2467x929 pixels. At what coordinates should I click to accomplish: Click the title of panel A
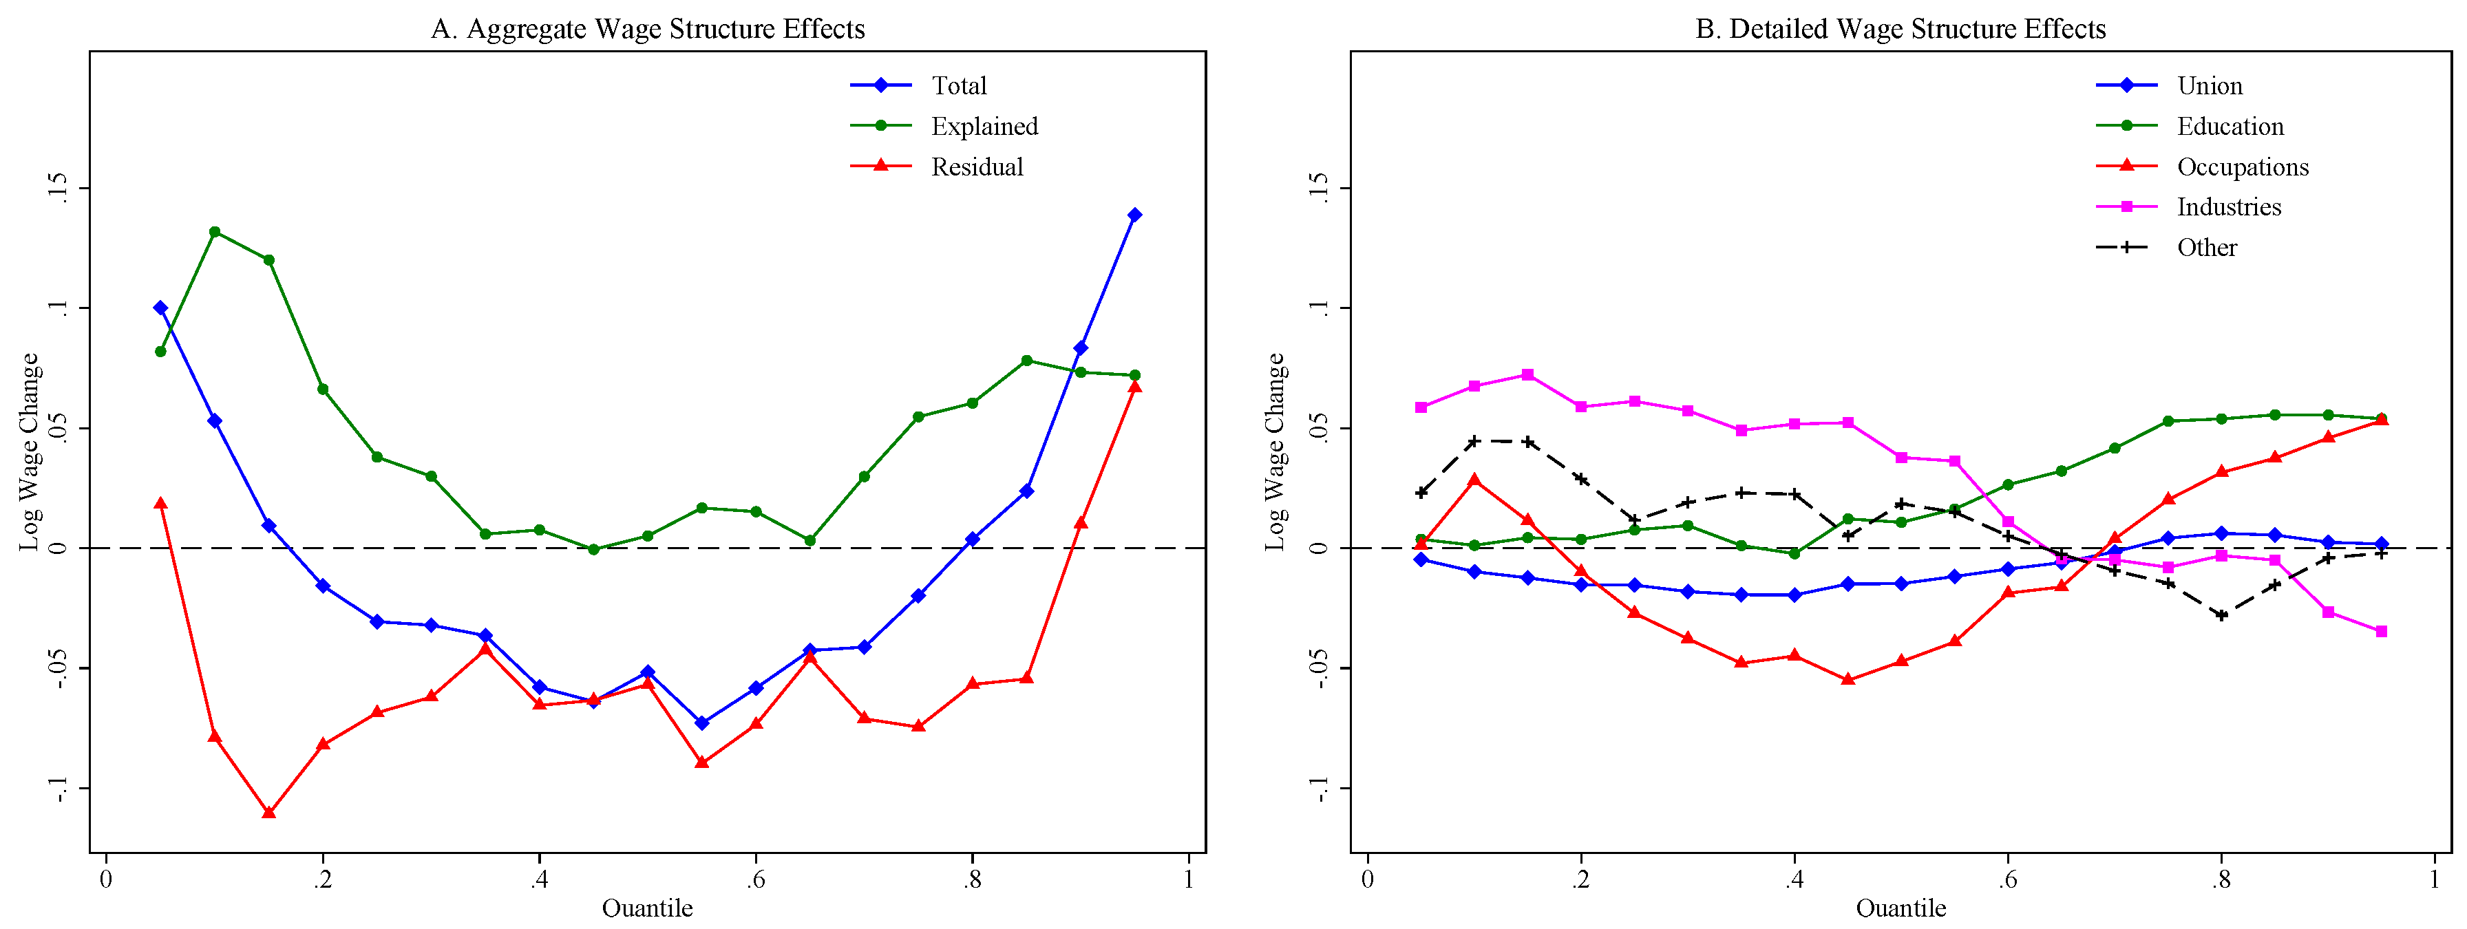(648, 29)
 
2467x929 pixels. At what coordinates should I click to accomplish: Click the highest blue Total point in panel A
(1135, 215)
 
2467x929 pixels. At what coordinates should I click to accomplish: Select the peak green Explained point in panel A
(215, 232)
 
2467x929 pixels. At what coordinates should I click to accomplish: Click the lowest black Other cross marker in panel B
(2222, 615)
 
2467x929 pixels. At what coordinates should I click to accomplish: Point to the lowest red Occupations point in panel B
(1848, 680)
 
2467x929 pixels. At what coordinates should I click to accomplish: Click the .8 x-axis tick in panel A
(972, 879)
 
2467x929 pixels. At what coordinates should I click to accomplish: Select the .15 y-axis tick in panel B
(1320, 188)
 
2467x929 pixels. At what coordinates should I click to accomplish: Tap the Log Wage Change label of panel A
(30, 451)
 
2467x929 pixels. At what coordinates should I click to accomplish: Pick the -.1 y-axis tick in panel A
(57, 788)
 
